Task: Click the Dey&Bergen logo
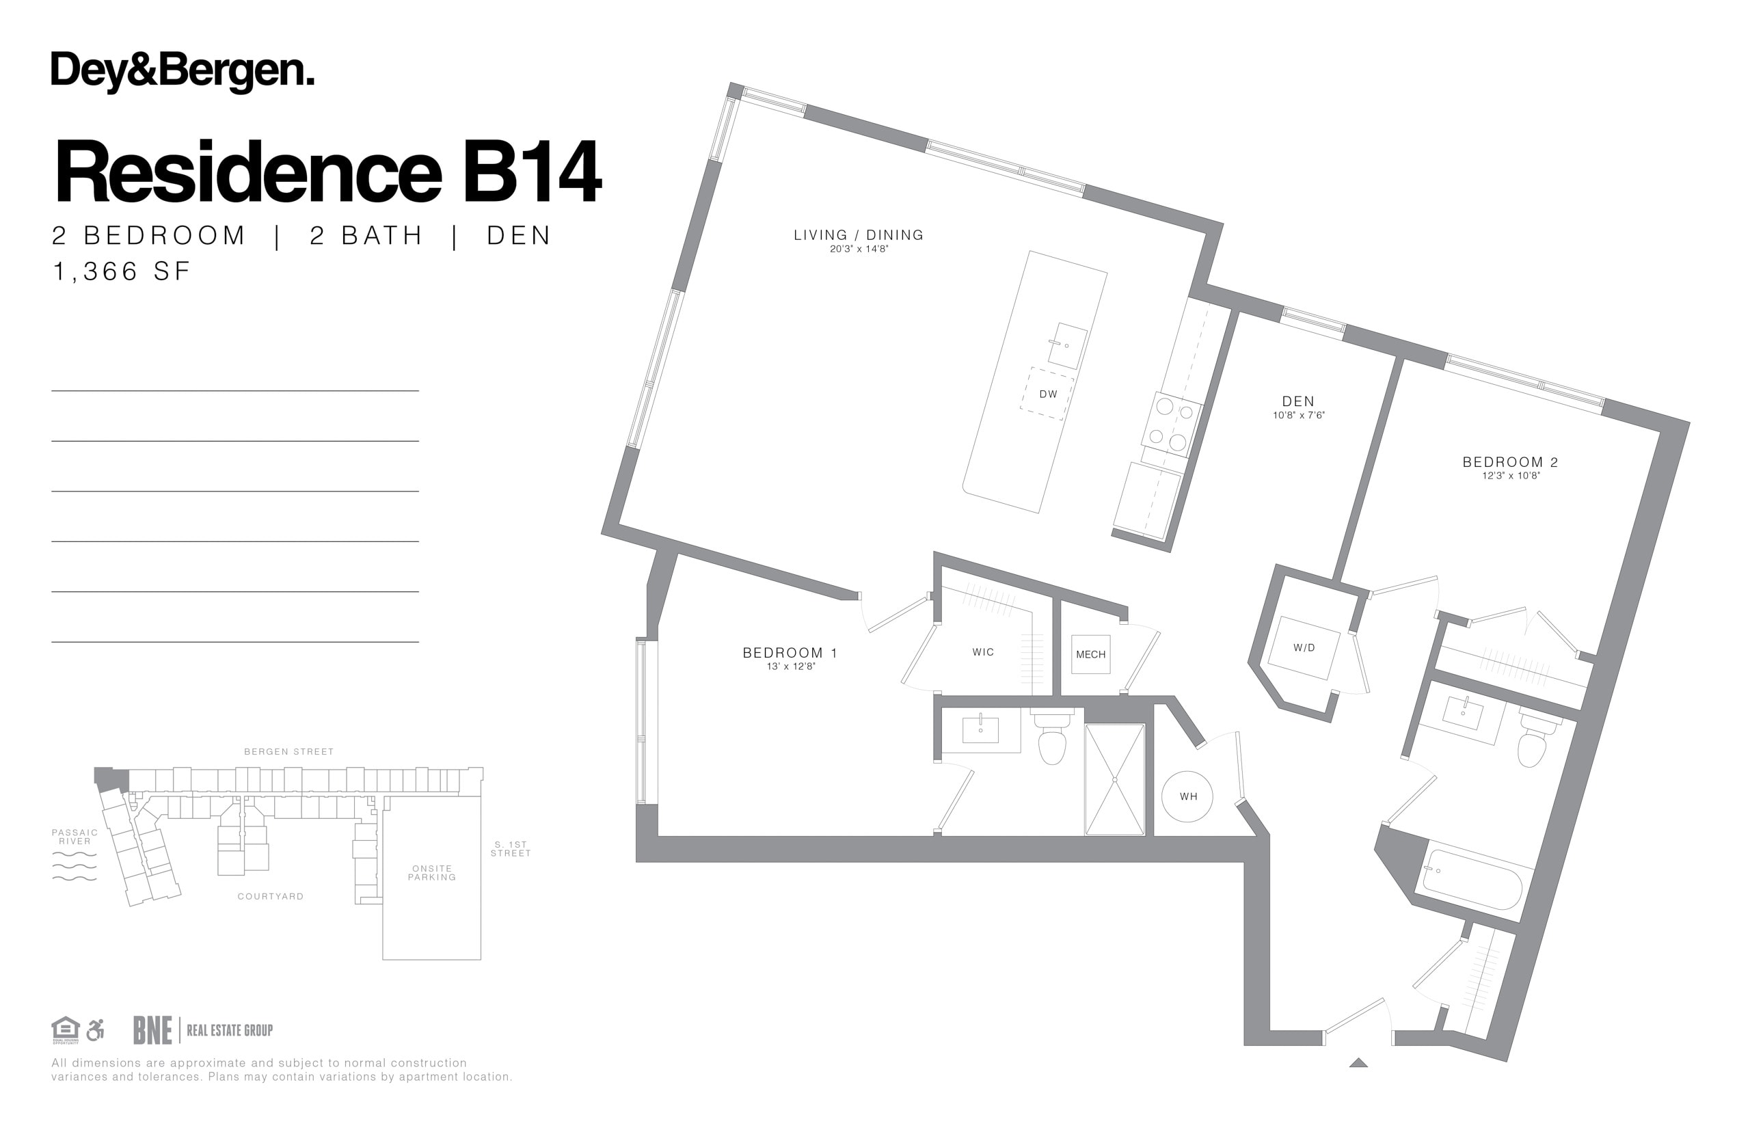(183, 72)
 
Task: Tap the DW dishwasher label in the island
(1048, 394)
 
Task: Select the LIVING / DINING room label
(859, 235)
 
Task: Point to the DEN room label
(1298, 401)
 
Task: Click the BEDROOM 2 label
(1510, 462)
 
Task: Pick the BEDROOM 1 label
(790, 653)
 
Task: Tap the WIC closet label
(983, 652)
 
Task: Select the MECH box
(1091, 654)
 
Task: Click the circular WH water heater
(1187, 796)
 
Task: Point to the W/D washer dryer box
(1304, 647)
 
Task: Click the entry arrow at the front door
(1358, 1062)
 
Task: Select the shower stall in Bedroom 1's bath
(1115, 779)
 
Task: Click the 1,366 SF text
(121, 271)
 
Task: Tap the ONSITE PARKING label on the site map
(432, 872)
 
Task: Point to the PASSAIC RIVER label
(75, 837)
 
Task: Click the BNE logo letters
(152, 1030)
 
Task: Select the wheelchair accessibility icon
(95, 1030)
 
